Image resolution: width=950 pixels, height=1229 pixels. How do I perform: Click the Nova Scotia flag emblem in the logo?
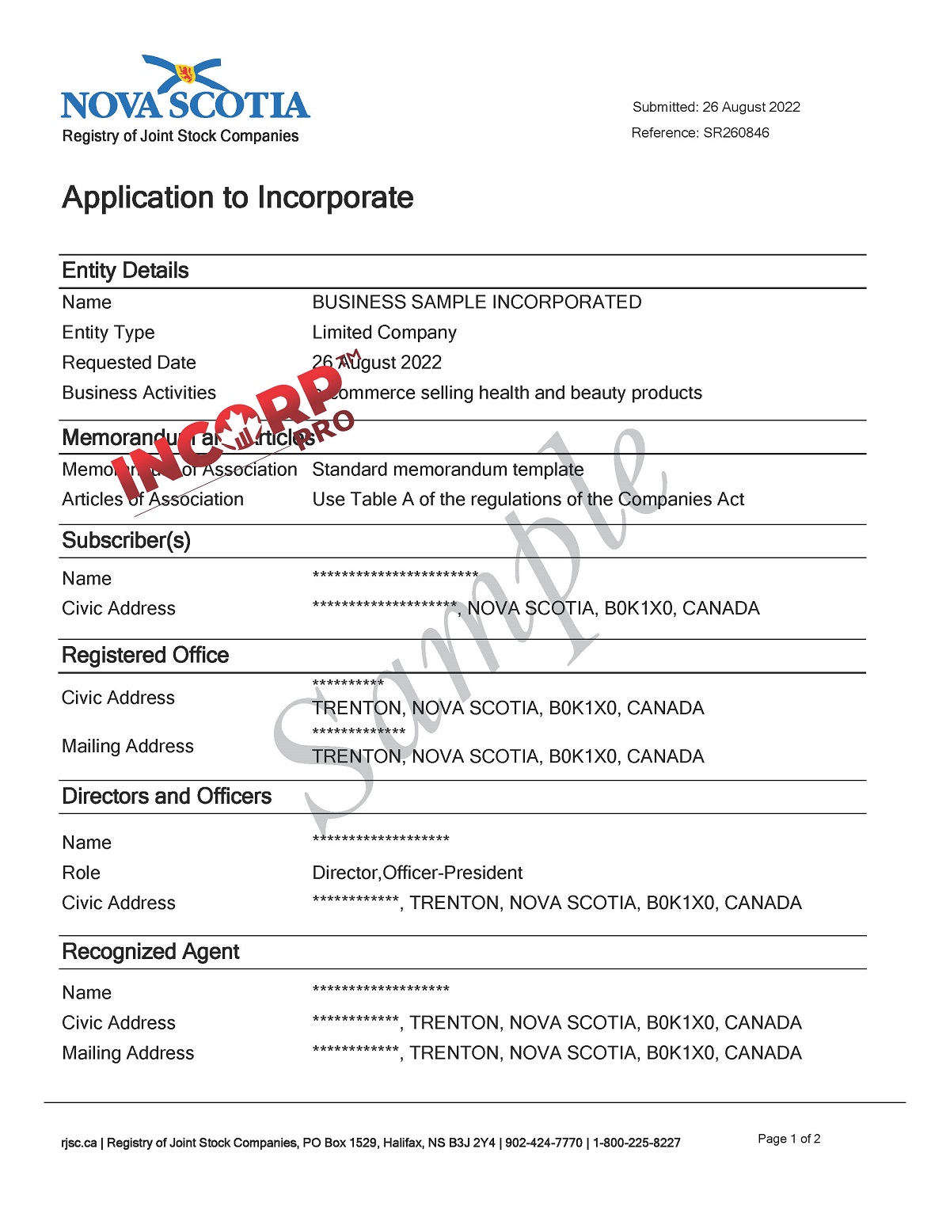[x=185, y=74]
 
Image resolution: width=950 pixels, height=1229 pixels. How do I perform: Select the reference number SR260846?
[x=735, y=133]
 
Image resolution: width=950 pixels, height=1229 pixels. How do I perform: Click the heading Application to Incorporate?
[x=237, y=197]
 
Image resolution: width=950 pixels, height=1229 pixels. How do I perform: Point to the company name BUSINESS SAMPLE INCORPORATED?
[x=477, y=302]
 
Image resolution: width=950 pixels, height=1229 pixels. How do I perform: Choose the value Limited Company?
[x=384, y=333]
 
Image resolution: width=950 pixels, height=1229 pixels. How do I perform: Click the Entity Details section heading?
[x=125, y=271]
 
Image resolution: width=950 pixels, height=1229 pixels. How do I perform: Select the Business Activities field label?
[x=139, y=393]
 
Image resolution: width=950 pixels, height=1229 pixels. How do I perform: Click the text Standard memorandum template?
[x=447, y=470]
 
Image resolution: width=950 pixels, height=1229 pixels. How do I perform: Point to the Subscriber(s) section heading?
[x=126, y=541]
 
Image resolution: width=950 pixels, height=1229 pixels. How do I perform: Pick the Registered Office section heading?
[x=145, y=656]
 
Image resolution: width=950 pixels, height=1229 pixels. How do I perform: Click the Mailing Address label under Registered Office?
[x=127, y=747]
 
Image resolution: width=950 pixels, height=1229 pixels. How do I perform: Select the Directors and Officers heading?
[x=166, y=797]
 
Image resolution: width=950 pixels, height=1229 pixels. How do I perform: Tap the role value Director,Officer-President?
[x=417, y=873]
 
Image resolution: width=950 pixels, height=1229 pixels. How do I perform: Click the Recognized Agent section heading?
[x=150, y=952]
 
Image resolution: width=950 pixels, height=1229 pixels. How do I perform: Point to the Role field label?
[x=81, y=873]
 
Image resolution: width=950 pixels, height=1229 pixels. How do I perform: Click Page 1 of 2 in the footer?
[x=788, y=1139]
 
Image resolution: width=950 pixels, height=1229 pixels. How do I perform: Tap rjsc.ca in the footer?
[x=78, y=1143]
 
